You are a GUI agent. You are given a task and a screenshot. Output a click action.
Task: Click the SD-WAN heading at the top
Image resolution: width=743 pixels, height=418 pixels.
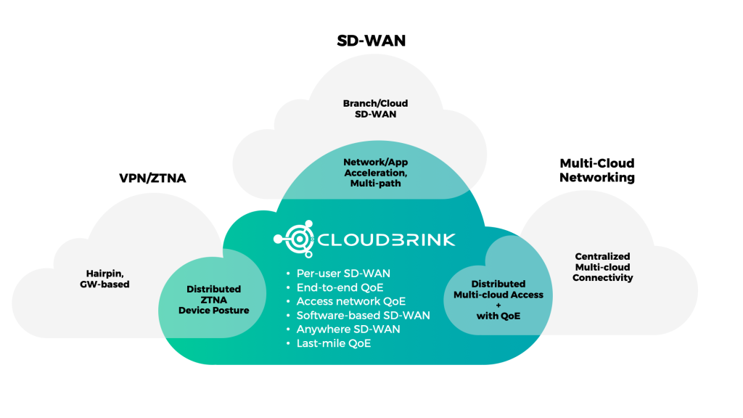pyautogui.click(x=371, y=41)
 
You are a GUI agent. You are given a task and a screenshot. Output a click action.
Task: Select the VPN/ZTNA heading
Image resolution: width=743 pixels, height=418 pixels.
pyautogui.click(x=152, y=178)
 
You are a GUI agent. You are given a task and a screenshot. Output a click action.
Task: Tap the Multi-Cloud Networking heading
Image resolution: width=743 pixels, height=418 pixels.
pyautogui.click(x=596, y=171)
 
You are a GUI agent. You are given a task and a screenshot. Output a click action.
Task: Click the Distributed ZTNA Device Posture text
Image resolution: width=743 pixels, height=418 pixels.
pyautogui.click(x=213, y=300)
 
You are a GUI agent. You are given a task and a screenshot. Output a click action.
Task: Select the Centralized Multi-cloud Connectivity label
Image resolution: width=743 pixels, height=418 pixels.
pyautogui.click(x=602, y=267)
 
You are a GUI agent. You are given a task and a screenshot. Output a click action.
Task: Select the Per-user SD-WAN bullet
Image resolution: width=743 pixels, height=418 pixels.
pyautogui.click(x=343, y=274)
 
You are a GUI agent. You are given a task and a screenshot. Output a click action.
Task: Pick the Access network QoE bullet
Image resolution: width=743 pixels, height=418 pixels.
pyautogui.click(x=350, y=301)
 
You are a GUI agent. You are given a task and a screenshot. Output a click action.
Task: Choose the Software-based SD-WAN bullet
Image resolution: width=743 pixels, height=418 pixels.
pyautogui.click(x=363, y=315)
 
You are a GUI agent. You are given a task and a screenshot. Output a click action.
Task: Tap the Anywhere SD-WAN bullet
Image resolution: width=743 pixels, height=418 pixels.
pyautogui.click(x=348, y=329)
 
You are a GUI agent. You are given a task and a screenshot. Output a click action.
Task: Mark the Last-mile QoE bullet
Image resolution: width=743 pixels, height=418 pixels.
pyautogui.click(x=334, y=343)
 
